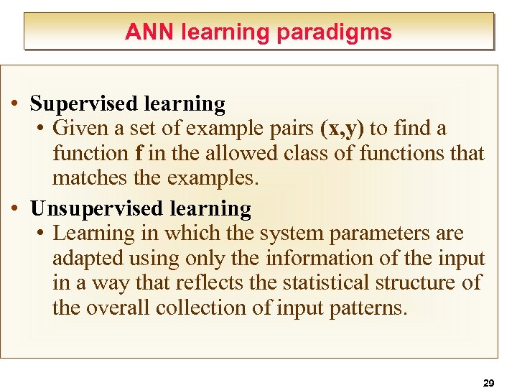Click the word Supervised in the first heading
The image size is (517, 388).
pyautogui.click(x=84, y=104)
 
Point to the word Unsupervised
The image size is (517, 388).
pyautogui.click(x=98, y=209)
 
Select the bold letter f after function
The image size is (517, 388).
pyautogui.click(x=138, y=153)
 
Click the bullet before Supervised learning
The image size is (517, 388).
pyautogui.click(x=15, y=104)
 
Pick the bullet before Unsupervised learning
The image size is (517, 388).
pyautogui.click(x=15, y=209)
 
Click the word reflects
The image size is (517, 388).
pyautogui.click(x=209, y=282)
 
